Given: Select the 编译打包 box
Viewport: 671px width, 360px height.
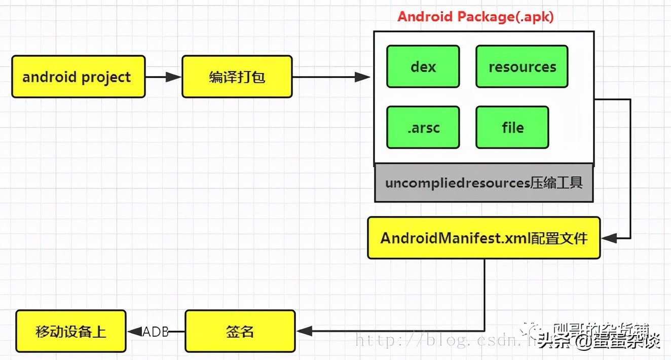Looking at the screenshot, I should click(237, 77).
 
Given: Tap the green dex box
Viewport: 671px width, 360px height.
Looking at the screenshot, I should click(423, 66).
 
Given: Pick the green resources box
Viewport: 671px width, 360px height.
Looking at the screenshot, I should click(521, 66).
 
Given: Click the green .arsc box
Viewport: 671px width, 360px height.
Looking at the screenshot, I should click(423, 127).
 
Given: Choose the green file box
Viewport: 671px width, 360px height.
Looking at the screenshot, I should click(512, 127).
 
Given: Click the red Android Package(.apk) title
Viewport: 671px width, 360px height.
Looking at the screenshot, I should click(475, 16).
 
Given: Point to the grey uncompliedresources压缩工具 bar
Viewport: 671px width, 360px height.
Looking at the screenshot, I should click(483, 183).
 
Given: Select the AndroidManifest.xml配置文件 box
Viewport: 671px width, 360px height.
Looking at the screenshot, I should click(483, 238).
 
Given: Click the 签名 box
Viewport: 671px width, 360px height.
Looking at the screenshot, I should click(240, 332).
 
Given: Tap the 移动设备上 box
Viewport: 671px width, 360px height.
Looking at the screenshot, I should click(71, 332).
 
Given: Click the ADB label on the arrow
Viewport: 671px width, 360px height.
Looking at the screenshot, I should click(155, 332).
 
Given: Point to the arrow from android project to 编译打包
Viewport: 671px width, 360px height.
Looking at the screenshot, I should click(163, 77).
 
